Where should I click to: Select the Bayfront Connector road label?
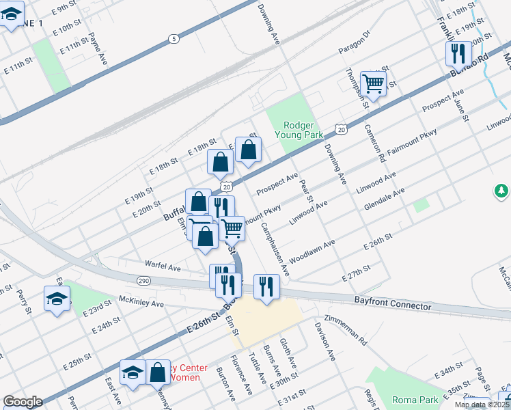393,303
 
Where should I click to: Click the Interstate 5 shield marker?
174,40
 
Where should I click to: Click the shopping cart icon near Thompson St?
374,83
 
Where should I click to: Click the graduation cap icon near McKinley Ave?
57,298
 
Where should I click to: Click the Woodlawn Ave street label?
311,251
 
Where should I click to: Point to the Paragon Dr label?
354,42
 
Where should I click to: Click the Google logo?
23,402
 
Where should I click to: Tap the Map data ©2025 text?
482,405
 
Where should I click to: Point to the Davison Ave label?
324,342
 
